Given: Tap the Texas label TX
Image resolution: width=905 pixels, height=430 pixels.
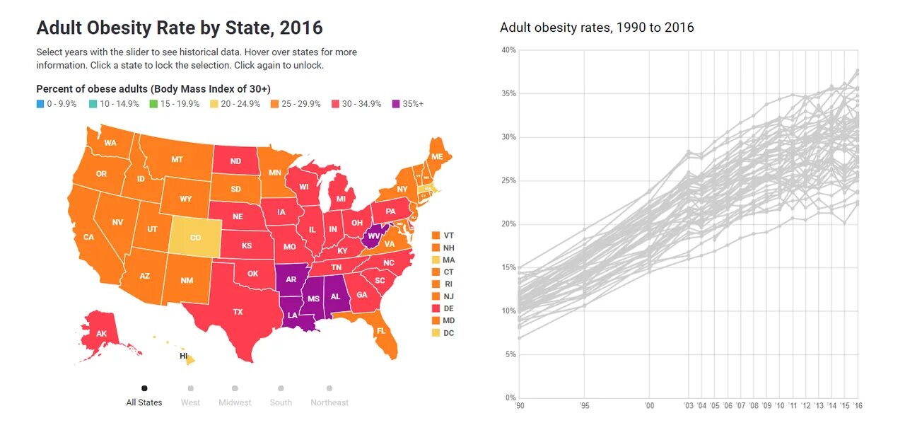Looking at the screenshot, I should coord(238,312).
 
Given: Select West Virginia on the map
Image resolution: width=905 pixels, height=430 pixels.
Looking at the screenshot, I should coord(374,236).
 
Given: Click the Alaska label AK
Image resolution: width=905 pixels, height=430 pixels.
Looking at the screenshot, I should coord(101,334).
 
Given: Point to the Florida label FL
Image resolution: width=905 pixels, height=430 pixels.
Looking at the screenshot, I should coord(381,331).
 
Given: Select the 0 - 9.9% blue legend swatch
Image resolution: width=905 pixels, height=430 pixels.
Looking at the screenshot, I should coord(40,104).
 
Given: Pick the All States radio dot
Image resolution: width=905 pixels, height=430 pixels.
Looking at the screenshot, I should coord(144,388).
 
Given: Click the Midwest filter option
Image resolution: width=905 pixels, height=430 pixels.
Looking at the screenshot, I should coord(235,402).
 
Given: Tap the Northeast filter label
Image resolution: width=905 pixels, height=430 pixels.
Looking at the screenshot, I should coord(329,402).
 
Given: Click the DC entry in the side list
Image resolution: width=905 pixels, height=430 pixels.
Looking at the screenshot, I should coord(448,333).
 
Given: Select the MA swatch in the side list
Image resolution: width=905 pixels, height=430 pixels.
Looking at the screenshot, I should coord(436,260).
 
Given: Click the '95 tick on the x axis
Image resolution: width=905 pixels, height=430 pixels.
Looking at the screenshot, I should coord(584,405).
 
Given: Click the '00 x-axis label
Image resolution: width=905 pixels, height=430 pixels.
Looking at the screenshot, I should coord(650,405).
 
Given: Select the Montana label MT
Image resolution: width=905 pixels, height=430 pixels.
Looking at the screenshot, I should coord(177,160).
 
